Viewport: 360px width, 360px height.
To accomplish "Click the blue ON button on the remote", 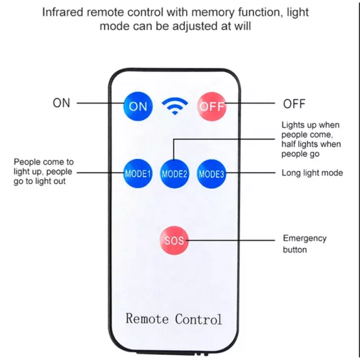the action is [x=138, y=106].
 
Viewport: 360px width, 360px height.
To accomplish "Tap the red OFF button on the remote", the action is [x=211, y=106].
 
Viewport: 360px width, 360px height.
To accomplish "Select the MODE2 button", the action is [x=174, y=174].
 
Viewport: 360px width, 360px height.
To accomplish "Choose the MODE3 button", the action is [x=211, y=174].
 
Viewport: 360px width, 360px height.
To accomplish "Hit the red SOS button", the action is [x=174, y=241].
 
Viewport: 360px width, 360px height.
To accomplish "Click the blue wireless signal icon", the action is [x=175, y=106].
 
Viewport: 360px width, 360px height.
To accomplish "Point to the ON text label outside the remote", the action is [x=62, y=103].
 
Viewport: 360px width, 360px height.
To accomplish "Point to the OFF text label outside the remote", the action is [x=294, y=104].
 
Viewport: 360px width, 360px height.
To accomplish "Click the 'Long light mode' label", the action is [x=312, y=173].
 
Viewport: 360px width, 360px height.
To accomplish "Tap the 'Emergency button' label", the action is [x=305, y=244].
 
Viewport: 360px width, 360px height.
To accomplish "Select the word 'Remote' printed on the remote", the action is [x=147, y=318].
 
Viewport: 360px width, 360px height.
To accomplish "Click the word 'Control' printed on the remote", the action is [x=198, y=319].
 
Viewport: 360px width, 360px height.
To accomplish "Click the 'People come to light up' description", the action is [x=43, y=171].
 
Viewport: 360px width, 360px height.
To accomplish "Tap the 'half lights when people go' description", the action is [x=311, y=149].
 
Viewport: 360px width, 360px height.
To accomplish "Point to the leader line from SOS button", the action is [x=230, y=241].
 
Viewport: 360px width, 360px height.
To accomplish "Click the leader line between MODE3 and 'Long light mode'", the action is [x=250, y=173].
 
